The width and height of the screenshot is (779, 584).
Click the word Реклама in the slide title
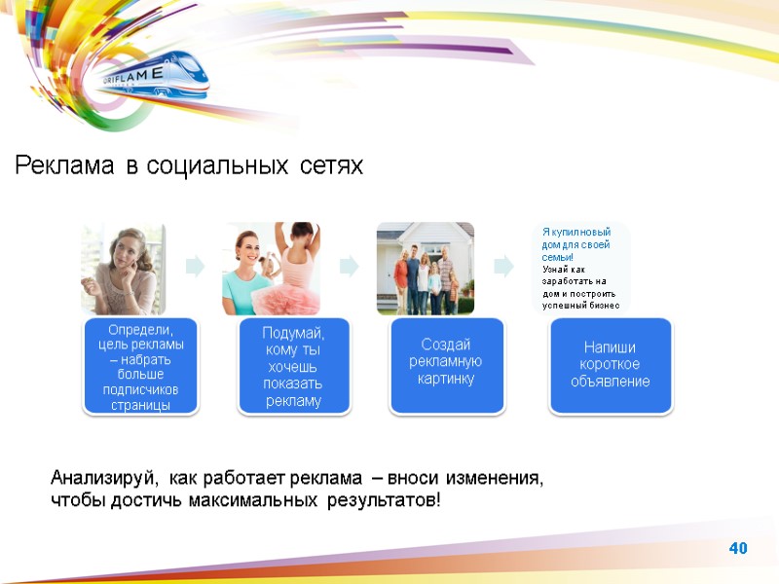pos(64,166)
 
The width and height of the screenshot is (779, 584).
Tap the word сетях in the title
pos(331,166)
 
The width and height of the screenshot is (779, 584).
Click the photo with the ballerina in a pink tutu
pos(272,269)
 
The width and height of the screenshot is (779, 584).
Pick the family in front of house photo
pos(426,269)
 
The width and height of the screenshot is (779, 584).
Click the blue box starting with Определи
pos(141,367)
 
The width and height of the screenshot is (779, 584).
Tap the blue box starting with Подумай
pos(292,367)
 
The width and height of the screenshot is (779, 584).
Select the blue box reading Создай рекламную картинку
pos(445,362)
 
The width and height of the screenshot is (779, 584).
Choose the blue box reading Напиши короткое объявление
pos(610,363)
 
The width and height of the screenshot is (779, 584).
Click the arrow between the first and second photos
pos(195,266)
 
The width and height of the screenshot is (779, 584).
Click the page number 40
pos(737,550)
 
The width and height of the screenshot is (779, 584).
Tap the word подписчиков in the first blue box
pos(141,389)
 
